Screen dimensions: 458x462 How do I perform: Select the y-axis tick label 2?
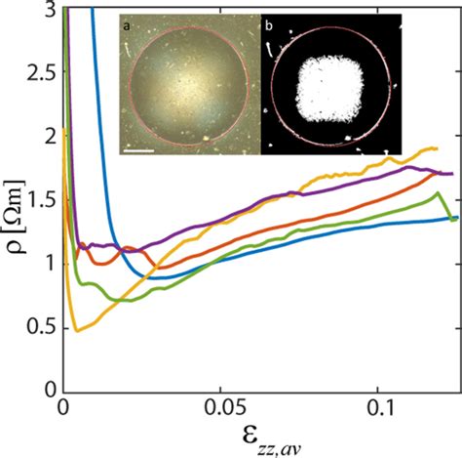click(x=51, y=138)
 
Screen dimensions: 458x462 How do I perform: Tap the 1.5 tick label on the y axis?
click(x=42, y=201)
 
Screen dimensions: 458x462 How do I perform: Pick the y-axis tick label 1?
click(x=51, y=266)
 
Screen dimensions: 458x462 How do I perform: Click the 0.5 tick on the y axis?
click(x=42, y=329)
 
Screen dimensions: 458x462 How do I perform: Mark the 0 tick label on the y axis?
click(x=51, y=393)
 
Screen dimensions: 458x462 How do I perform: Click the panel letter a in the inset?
click(x=127, y=21)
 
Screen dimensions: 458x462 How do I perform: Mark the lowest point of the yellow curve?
click(x=77, y=331)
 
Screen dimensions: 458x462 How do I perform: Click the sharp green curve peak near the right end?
click(x=437, y=193)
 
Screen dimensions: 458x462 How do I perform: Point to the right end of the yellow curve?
click(x=436, y=148)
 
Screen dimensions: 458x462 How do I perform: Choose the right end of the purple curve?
click(x=452, y=173)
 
